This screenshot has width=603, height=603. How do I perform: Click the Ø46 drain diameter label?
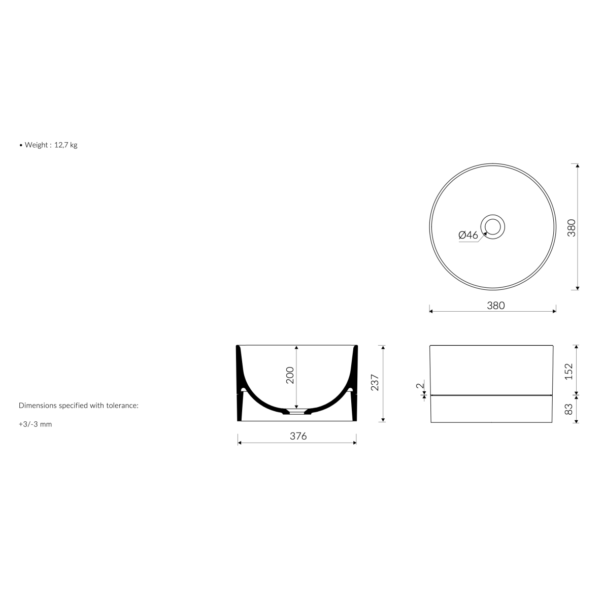click(468, 235)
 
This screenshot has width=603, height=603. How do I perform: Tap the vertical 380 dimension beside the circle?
click(572, 228)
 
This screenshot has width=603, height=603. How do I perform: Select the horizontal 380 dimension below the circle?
click(496, 306)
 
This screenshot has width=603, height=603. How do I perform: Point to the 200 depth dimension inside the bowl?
click(290, 375)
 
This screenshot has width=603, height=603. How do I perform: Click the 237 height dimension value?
click(375, 383)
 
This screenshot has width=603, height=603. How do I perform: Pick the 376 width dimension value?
click(298, 436)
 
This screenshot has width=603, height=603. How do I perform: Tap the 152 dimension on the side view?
click(569, 372)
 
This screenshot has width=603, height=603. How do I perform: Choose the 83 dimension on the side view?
click(569, 409)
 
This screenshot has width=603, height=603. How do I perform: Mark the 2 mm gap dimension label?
click(420, 385)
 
